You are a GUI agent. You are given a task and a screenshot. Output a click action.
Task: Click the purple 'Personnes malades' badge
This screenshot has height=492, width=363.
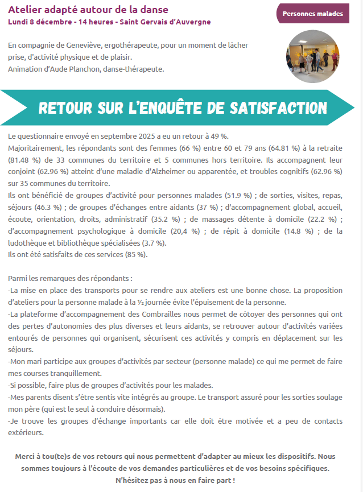(x=312, y=13)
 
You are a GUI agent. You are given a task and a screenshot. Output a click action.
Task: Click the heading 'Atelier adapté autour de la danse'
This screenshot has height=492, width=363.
(x=88, y=10)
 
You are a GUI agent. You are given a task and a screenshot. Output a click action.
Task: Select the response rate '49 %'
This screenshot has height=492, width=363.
(x=219, y=136)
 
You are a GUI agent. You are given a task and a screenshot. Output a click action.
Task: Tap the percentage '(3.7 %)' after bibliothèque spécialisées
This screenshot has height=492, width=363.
(x=150, y=243)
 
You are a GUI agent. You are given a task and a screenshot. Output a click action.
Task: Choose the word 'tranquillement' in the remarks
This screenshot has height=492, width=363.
(x=75, y=374)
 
